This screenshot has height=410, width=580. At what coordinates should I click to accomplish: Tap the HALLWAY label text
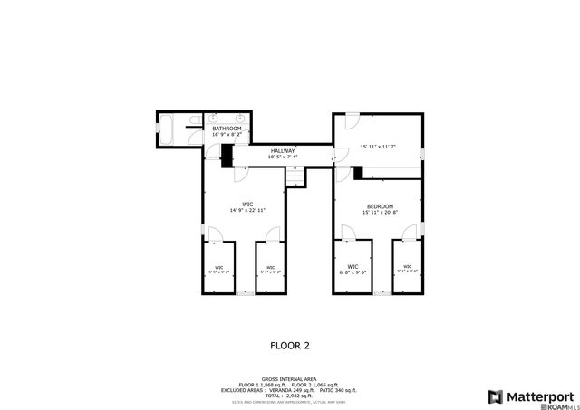(283, 150)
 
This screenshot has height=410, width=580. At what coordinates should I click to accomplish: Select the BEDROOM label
(380, 205)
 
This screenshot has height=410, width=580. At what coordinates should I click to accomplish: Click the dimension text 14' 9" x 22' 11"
(246, 210)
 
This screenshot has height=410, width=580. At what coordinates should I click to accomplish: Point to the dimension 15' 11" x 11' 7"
(379, 146)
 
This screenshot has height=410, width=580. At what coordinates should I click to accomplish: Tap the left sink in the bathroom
(213, 119)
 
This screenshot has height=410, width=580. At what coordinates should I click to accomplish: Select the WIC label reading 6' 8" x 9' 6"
(353, 267)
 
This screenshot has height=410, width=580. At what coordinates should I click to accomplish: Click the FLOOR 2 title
(290, 345)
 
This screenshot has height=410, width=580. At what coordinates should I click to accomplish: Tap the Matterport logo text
(538, 396)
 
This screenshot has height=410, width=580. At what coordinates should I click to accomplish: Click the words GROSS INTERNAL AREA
(290, 379)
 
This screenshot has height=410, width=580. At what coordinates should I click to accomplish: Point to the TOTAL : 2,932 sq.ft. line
(290, 396)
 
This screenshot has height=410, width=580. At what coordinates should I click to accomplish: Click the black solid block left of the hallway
(227, 157)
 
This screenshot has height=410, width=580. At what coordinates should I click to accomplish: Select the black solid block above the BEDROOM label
(358, 172)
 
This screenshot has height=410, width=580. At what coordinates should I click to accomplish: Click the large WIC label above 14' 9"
(246, 204)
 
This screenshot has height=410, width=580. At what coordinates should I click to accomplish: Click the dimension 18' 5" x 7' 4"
(283, 157)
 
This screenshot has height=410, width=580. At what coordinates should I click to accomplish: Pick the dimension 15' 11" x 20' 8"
(380, 212)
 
